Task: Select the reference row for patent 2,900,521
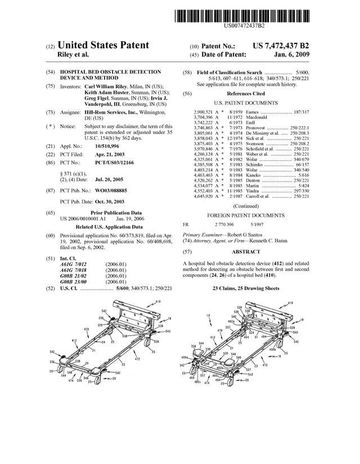click(259, 113)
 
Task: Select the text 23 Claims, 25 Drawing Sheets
click(246, 288)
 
